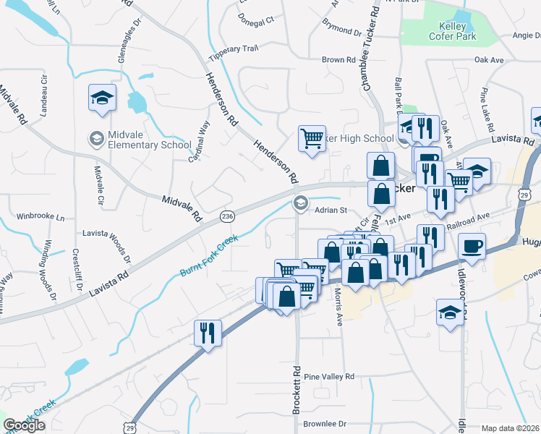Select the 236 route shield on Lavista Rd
click(x=227, y=216)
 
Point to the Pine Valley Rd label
click(x=329, y=377)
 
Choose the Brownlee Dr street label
click(x=325, y=423)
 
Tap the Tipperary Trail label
click(x=233, y=48)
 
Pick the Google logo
click(x=24, y=425)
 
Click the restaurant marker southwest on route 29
click(x=208, y=333)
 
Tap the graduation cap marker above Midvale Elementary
click(x=102, y=98)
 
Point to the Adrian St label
click(x=331, y=210)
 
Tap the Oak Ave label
click(x=489, y=60)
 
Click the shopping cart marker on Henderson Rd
click(x=311, y=137)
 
